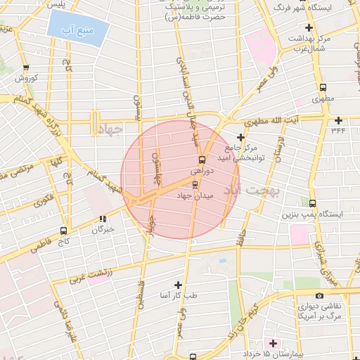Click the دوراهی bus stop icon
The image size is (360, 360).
202,160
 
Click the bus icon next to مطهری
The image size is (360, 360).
323,88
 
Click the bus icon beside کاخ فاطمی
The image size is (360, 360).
65,230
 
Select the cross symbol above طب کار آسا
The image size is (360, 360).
178,285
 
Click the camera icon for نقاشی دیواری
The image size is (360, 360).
320,296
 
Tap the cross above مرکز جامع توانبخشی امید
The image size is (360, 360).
241,137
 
